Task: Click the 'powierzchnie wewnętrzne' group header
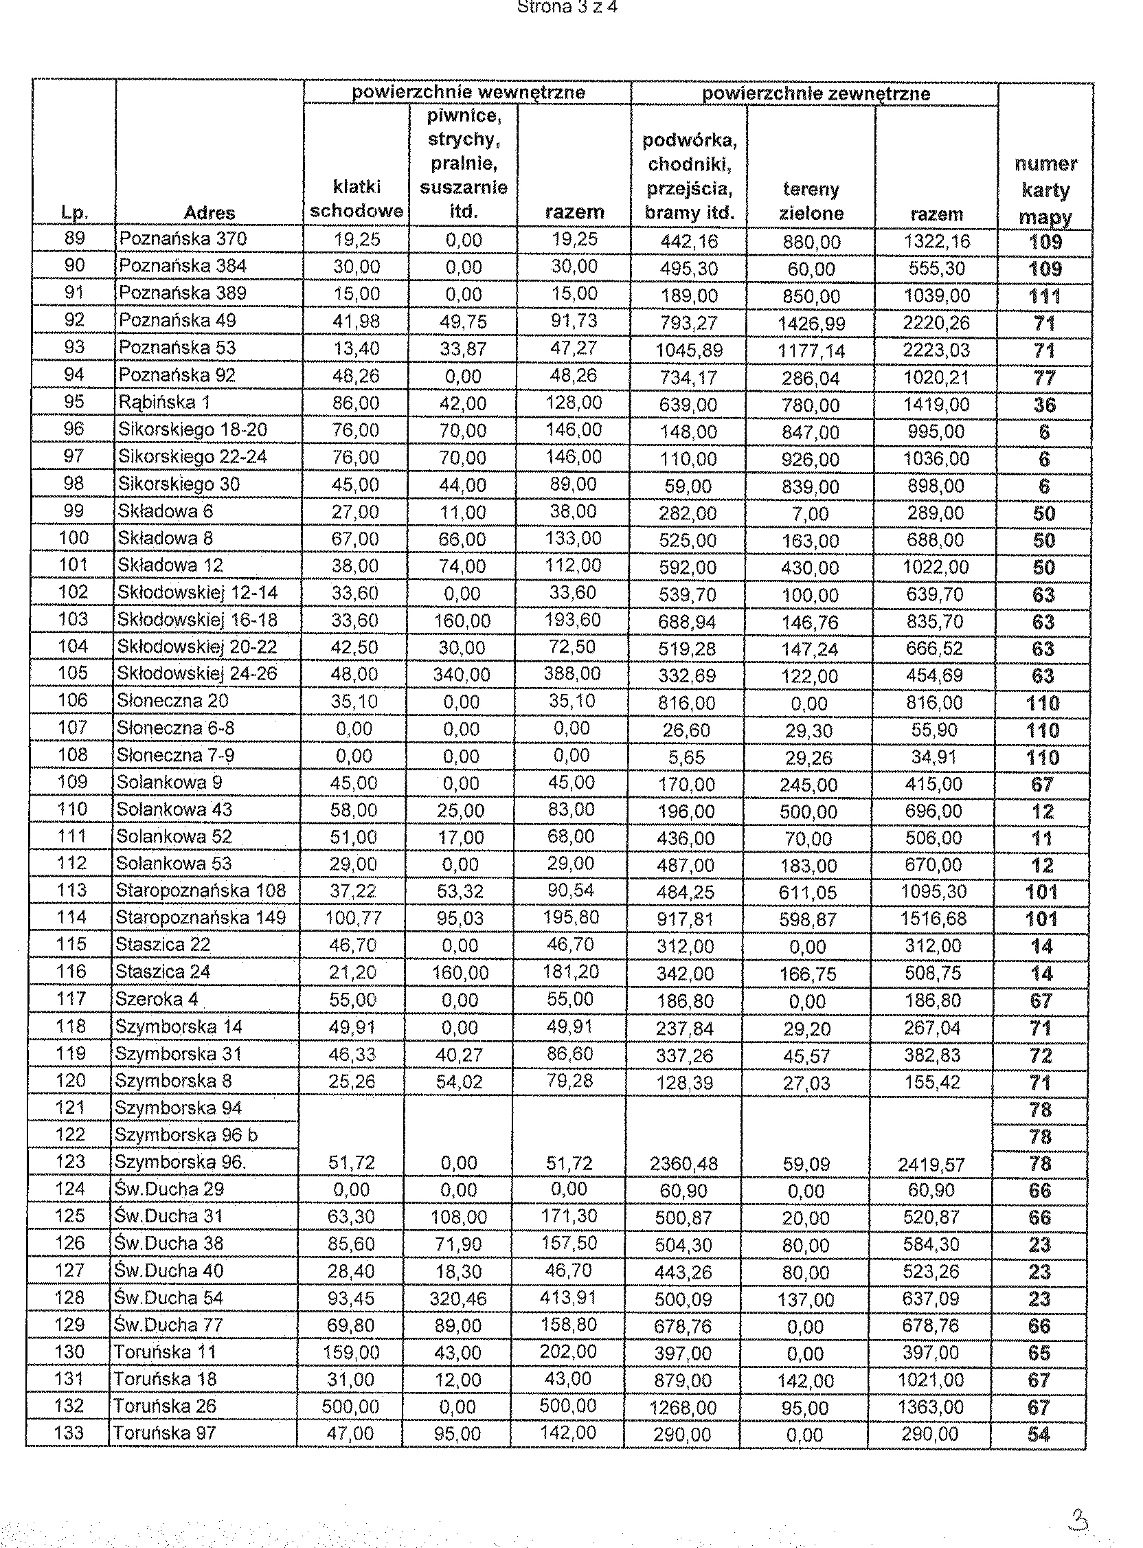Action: click(468, 93)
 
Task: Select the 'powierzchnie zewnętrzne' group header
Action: click(816, 93)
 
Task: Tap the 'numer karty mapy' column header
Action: click(1045, 190)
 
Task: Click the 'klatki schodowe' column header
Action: click(357, 199)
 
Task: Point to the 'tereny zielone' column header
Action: click(811, 201)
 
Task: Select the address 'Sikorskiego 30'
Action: click(179, 484)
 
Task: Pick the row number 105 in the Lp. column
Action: click(73, 673)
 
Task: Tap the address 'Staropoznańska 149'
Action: click(201, 917)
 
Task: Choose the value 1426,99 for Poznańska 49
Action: click(811, 323)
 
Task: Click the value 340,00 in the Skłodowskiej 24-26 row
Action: click(462, 675)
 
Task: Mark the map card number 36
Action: click(1044, 405)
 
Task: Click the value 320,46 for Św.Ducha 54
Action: click(458, 1299)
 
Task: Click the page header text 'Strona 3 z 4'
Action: click(567, 7)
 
